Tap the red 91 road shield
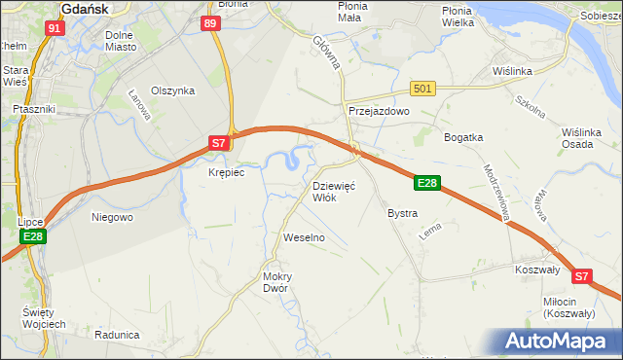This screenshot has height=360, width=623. click(x=55, y=28)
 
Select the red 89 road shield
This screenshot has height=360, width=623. click(x=210, y=24)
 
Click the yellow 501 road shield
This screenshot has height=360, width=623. click(x=421, y=89)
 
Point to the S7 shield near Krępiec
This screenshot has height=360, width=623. click(x=219, y=143)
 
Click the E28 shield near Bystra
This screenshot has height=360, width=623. click(x=427, y=182)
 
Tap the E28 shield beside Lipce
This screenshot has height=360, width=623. click(x=32, y=236)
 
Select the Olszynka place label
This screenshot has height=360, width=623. click(x=173, y=90)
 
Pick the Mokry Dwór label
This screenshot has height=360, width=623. click(x=277, y=282)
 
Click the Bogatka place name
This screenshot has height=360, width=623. click(x=463, y=137)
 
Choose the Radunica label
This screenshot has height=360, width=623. click(x=117, y=334)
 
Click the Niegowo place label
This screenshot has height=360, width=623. click(x=112, y=217)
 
